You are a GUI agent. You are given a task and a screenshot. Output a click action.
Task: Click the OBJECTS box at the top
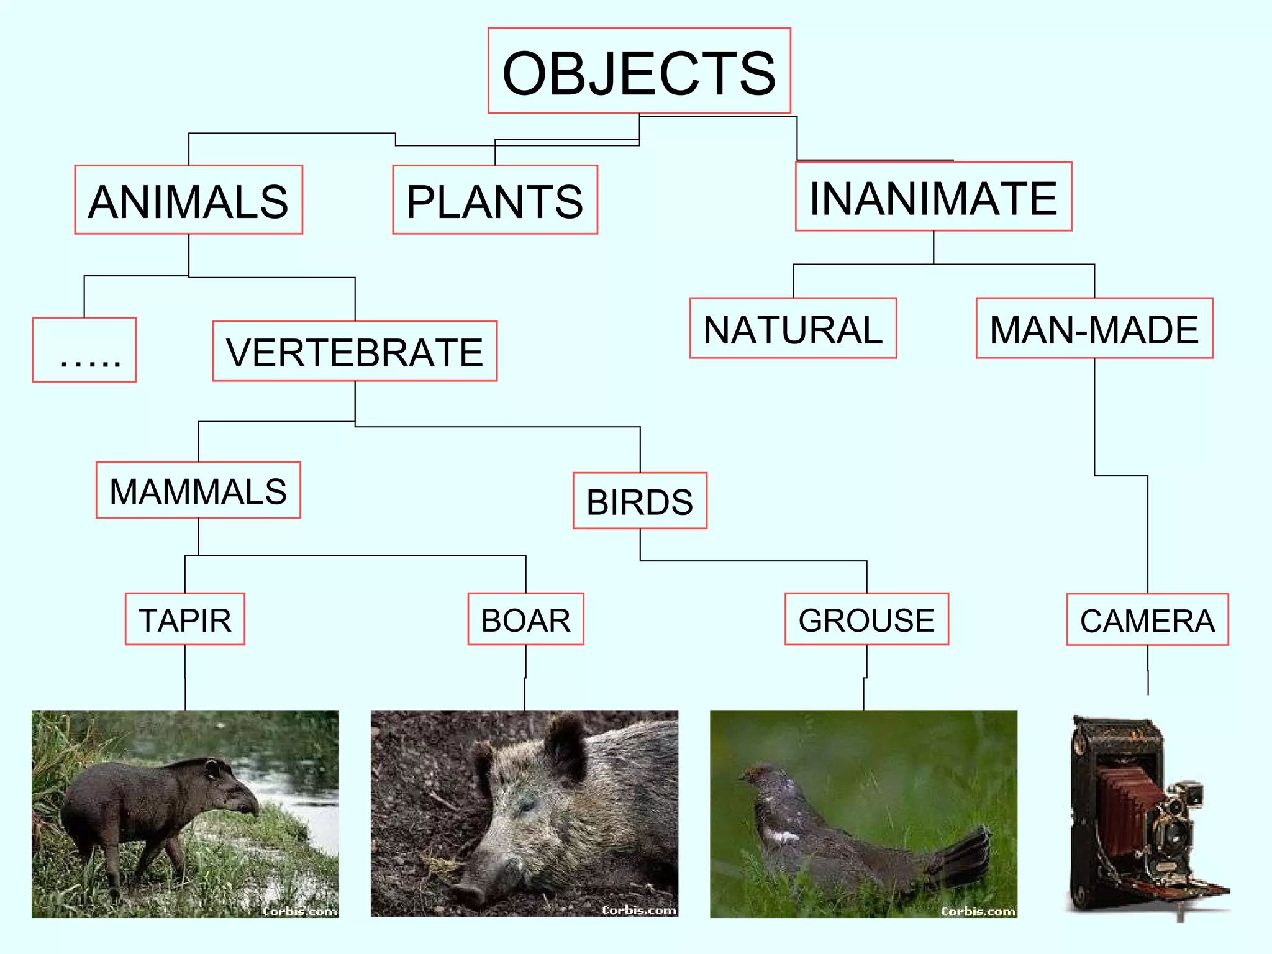(x=639, y=71)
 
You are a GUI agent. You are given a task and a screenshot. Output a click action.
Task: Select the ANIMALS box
(x=188, y=200)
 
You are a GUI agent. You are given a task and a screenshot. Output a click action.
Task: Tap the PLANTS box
(x=495, y=200)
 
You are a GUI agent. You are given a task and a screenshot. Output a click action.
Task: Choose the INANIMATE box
(x=934, y=197)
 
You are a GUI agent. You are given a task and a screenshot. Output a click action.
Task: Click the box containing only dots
(x=84, y=350)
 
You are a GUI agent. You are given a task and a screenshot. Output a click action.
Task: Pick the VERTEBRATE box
(x=355, y=351)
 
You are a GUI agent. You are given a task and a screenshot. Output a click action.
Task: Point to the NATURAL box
(x=793, y=328)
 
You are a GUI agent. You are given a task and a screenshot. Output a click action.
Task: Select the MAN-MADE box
(x=1094, y=328)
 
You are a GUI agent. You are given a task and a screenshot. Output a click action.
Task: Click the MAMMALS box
(x=198, y=490)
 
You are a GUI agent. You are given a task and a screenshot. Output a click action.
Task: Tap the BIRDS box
(x=640, y=501)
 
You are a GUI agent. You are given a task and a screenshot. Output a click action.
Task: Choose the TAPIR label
(x=185, y=619)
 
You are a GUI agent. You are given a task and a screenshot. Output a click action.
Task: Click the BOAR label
(x=525, y=619)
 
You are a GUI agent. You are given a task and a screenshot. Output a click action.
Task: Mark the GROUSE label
(x=866, y=619)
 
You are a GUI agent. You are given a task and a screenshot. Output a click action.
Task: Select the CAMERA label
(x=1147, y=620)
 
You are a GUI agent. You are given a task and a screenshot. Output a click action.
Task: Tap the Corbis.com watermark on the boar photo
(x=639, y=910)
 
